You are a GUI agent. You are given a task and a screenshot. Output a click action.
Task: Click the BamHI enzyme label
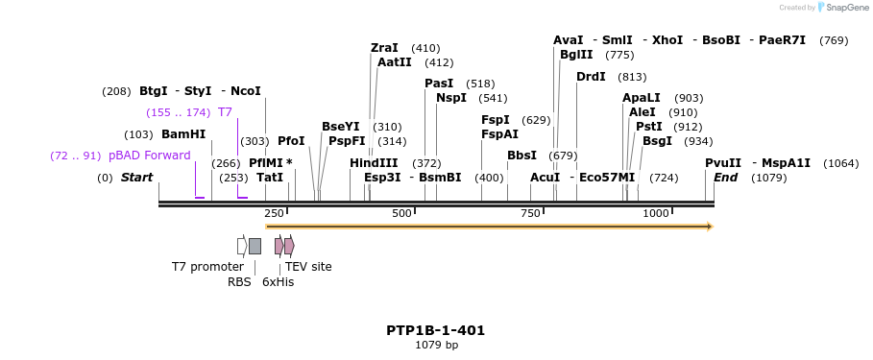tap(183, 134)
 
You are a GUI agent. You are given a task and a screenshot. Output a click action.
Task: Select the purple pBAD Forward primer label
tap(149, 156)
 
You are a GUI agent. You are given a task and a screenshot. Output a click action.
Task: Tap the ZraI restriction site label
tap(384, 48)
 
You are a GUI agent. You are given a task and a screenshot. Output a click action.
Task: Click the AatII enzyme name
tap(394, 62)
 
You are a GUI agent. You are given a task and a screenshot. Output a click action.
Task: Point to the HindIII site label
tap(374, 163)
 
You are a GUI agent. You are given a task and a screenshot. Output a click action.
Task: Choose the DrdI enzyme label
tap(591, 77)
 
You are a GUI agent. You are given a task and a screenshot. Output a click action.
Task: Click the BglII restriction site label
tap(577, 55)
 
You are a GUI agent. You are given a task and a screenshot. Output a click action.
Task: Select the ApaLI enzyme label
tap(642, 98)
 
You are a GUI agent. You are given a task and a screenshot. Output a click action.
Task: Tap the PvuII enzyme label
tap(723, 163)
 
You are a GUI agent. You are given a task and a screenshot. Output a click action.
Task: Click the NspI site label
tap(451, 98)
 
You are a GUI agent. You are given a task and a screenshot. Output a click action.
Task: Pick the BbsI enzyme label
tap(521, 156)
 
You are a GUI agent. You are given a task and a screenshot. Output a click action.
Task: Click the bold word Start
tap(136, 178)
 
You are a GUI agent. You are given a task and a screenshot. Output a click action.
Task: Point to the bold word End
tap(725, 178)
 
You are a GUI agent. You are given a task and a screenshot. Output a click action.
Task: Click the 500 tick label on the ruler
tap(401, 213)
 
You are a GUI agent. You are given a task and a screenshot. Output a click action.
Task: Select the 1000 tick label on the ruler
tap(656, 213)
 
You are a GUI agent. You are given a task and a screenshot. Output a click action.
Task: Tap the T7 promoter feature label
tap(207, 266)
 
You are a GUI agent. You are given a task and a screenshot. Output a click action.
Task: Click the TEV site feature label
tap(308, 266)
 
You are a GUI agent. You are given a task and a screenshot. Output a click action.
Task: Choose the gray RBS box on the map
tap(255, 246)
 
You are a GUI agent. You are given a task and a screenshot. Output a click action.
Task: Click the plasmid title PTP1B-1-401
tap(436, 330)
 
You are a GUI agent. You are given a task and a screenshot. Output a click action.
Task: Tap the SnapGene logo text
tap(847, 8)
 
